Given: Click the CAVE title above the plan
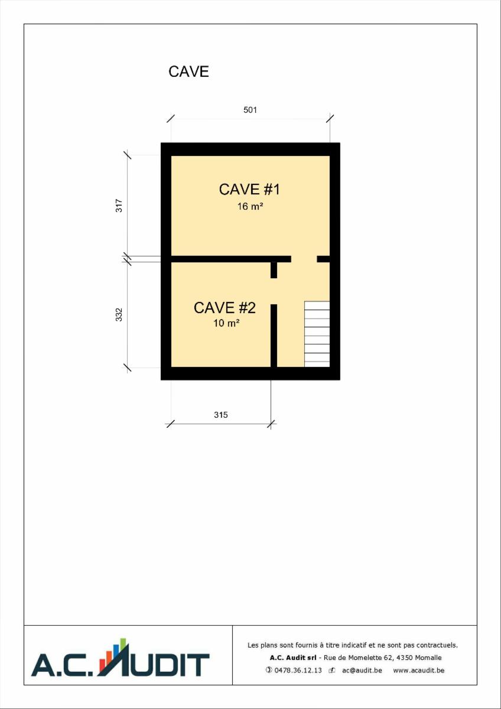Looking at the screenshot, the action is (188, 71).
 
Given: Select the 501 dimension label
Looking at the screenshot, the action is (250, 110).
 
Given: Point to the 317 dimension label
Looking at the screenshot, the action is (119, 206).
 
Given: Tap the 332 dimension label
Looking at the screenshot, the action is (119, 314).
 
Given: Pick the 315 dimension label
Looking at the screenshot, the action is (220, 415).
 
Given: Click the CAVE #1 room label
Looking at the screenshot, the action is (249, 189).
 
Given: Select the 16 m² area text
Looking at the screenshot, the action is (250, 206).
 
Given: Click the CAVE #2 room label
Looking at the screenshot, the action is (225, 308).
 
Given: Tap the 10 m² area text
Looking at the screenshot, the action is (226, 323).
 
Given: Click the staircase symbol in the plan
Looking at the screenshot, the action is (317, 334).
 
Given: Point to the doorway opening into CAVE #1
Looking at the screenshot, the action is (304, 259).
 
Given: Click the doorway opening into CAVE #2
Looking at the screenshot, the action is (274, 291).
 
